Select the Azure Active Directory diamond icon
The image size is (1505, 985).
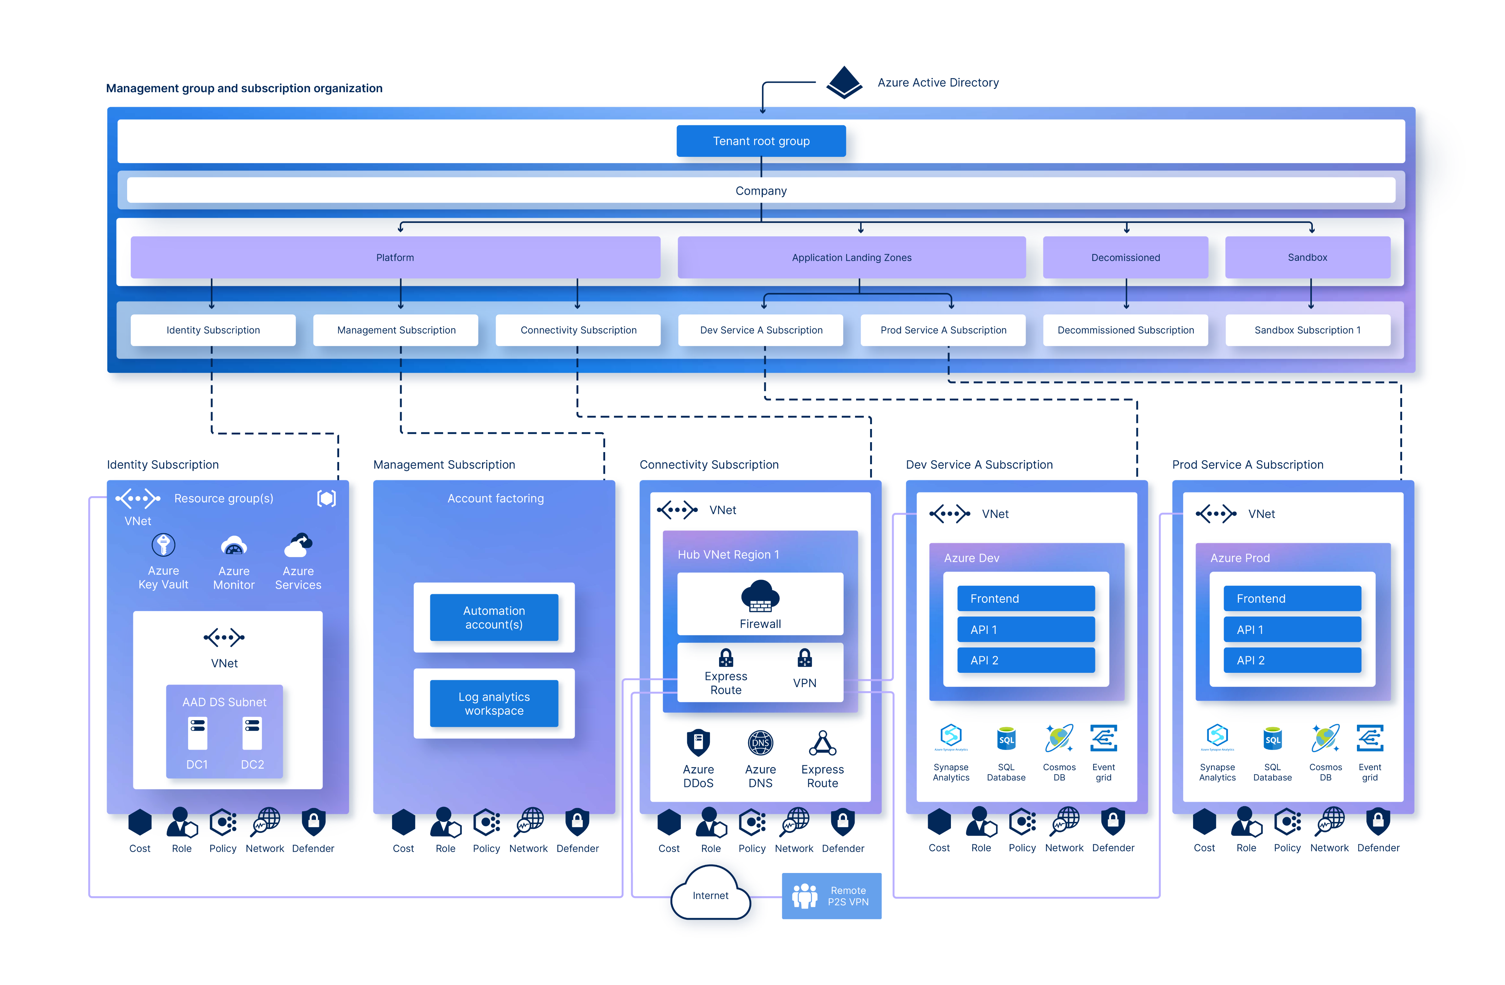click(x=844, y=82)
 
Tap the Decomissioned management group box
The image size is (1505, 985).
click(x=1125, y=257)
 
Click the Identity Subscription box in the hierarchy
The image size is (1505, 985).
click(x=213, y=330)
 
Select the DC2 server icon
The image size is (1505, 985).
click(x=252, y=733)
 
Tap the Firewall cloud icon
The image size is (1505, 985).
click(x=760, y=596)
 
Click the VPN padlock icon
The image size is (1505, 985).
click(x=804, y=658)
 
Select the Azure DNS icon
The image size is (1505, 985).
click(x=760, y=743)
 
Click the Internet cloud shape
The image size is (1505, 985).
click(x=711, y=893)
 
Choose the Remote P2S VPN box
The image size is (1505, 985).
click(x=831, y=896)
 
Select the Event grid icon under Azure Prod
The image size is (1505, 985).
click(x=1370, y=738)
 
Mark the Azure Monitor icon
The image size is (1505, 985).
click(x=234, y=546)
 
